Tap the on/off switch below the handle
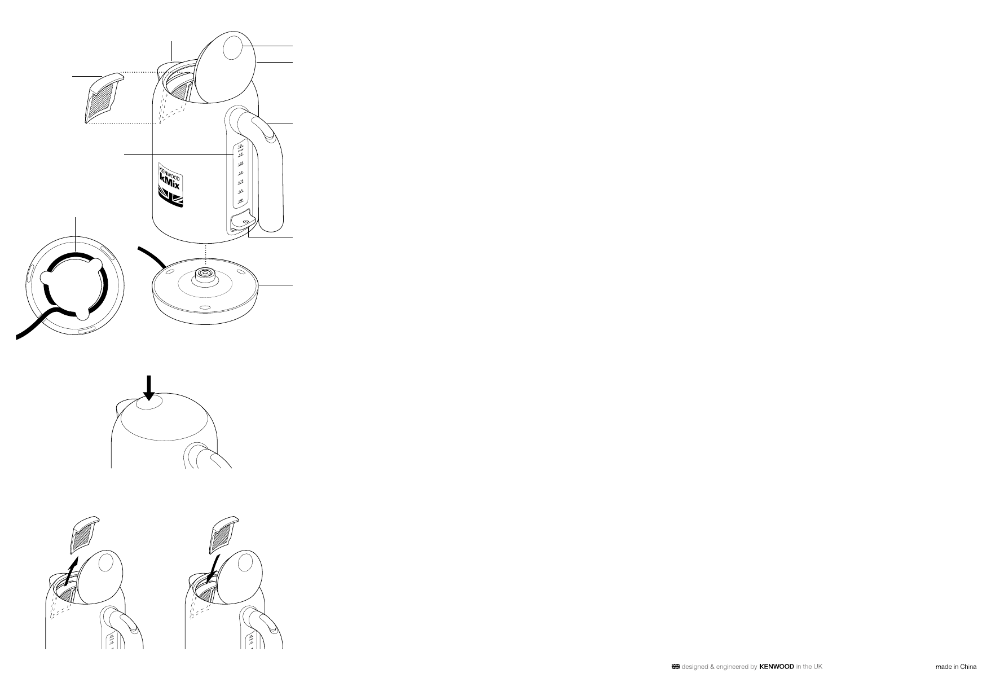tap(241, 221)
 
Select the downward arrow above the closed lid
tap(149, 388)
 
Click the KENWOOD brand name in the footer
tap(777, 666)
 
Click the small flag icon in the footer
tap(675, 666)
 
